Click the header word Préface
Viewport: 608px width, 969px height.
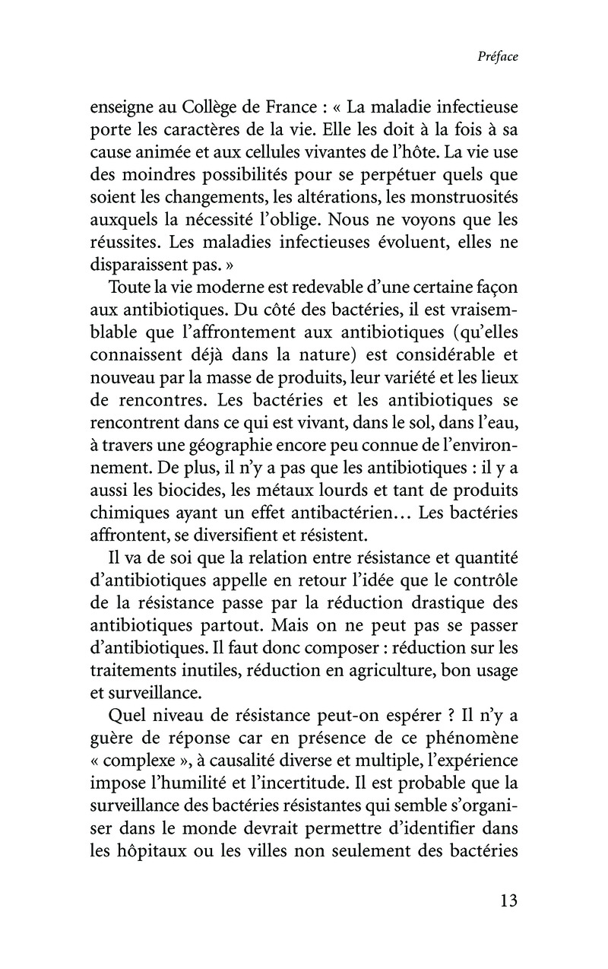pos(498,57)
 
